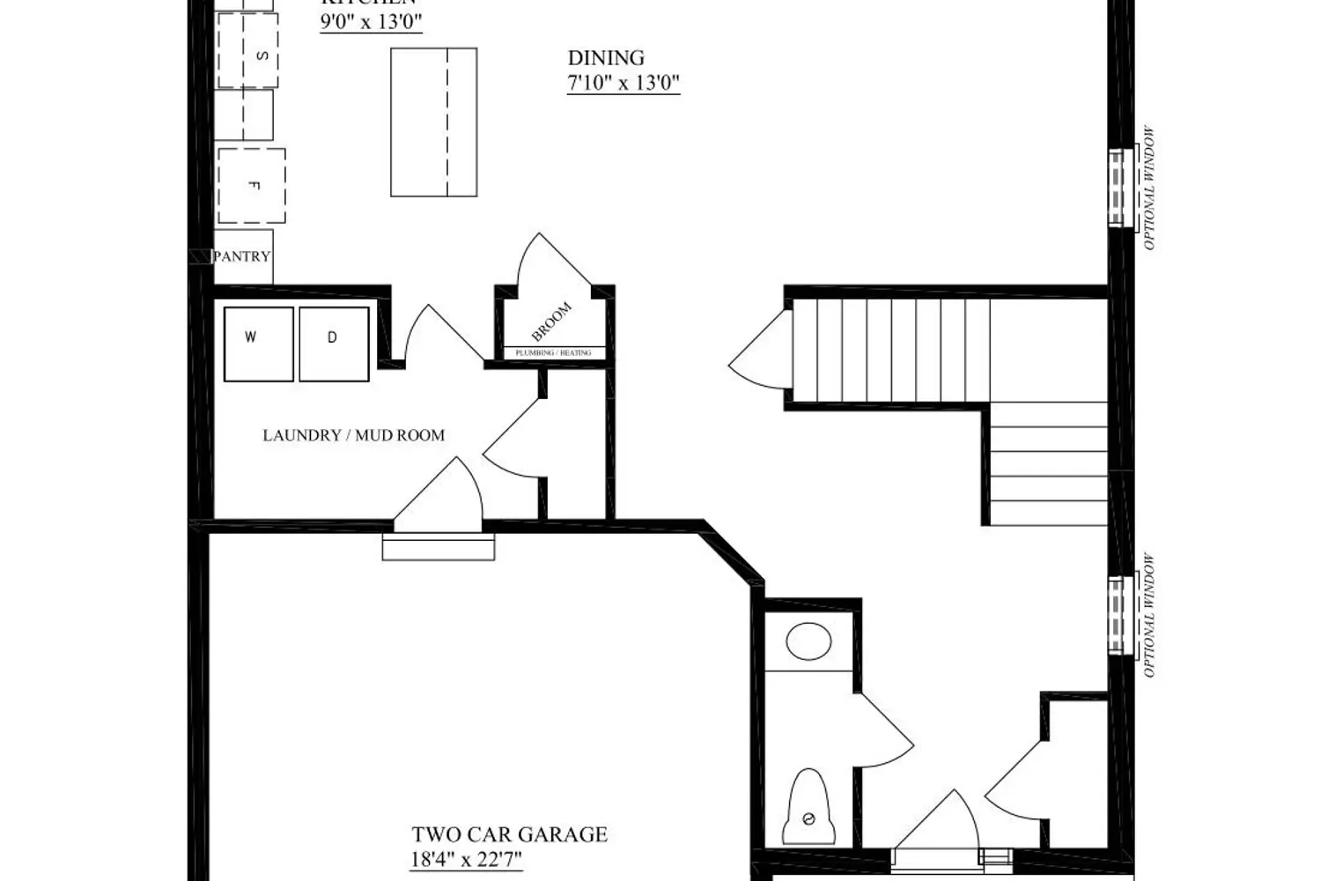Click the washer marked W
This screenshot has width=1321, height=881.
pos(258,344)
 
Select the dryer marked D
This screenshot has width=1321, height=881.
pos(334,344)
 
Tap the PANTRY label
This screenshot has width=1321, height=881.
pos(242,256)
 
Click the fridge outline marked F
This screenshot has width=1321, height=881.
pos(252,186)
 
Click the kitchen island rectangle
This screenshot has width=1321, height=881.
pos(433,122)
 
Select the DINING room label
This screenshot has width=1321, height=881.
pos(606,58)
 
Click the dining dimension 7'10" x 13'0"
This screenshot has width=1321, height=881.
pos(624,84)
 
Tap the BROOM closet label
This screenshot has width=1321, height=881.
pos(551,322)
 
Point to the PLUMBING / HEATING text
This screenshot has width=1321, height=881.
pos(553,352)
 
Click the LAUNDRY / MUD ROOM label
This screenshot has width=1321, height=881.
pos(353,435)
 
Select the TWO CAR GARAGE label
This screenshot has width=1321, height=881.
pos(509,834)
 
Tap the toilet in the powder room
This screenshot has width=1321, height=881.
pos(808,808)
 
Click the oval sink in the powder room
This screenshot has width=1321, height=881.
pos(808,641)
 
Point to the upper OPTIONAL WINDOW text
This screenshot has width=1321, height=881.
pos(1148,189)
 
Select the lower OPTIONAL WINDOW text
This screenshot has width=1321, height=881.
pos(1148,616)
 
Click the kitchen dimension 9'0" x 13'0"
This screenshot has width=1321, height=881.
pos(371,22)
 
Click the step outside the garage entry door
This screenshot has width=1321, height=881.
pos(439,547)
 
